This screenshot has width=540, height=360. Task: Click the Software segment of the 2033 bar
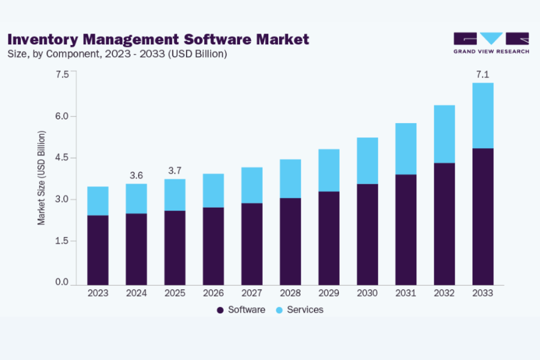pos(482,216)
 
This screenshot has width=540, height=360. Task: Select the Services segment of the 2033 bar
pos(482,115)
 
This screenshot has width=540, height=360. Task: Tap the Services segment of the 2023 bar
pos(98,200)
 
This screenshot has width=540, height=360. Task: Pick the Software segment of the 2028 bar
pos(290,241)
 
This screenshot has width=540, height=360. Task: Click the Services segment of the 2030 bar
pos(367,160)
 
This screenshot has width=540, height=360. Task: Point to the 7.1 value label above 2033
pos(482,74)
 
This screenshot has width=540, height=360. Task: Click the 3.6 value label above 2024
pos(136,175)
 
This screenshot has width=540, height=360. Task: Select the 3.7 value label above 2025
pos(175,170)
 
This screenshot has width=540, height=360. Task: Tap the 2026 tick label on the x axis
pos(214,293)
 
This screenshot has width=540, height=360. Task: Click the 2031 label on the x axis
pos(406,293)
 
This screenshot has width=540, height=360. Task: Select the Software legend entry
pos(241,310)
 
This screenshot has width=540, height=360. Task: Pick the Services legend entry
pos(299,310)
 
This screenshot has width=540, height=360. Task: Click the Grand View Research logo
pos(491,43)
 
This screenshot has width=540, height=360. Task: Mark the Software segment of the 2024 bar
pos(136,248)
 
